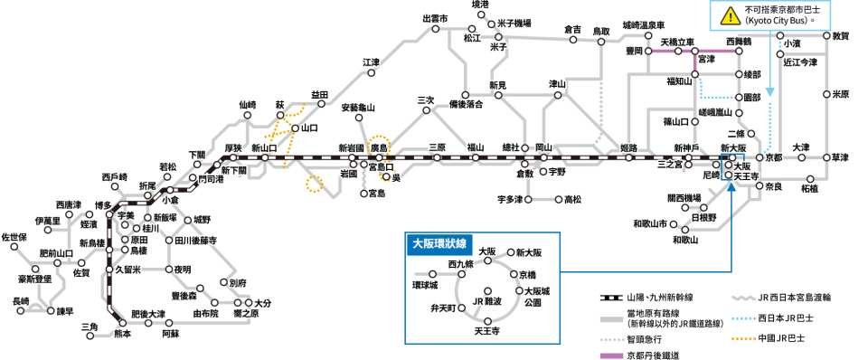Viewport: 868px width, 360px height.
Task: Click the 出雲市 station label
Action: pyautogui.click(x=435, y=17)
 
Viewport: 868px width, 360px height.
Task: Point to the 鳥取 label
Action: pyautogui.click(x=601, y=32)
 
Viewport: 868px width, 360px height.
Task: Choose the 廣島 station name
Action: pyautogui.click(x=378, y=147)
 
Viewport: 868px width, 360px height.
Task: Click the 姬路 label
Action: pyautogui.click(x=630, y=147)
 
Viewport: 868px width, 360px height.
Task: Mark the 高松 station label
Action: pyautogui.click(x=573, y=199)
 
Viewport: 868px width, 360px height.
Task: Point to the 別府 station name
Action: pyautogui.click(x=239, y=283)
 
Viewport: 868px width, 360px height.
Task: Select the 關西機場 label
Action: pyautogui.click(x=684, y=198)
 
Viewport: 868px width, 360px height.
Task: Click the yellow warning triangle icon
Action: pyautogui.click(x=728, y=14)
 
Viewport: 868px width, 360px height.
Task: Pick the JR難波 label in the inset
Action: pyautogui.click(x=486, y=299)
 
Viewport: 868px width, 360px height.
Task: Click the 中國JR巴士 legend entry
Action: pyautogui.click(x=781, y=339)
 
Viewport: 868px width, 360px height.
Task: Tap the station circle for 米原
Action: pyautogui.click(x=826, y=93)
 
